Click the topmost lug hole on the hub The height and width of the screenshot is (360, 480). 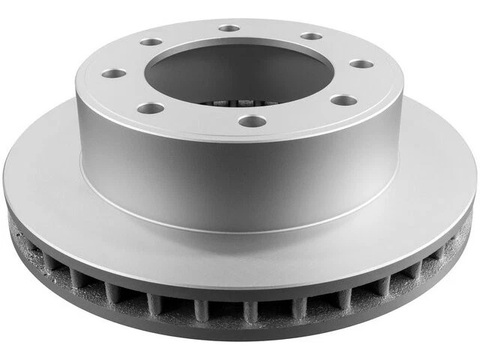click(x=229, y=28)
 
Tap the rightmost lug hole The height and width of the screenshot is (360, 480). click(x=361, y=64)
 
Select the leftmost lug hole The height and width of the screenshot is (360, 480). click(x=113, y=74)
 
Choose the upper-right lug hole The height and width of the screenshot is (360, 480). click(x=310, y=36)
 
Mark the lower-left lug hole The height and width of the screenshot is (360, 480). click(x=151, y=109)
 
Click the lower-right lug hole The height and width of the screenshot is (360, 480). click(x=343, y=100)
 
